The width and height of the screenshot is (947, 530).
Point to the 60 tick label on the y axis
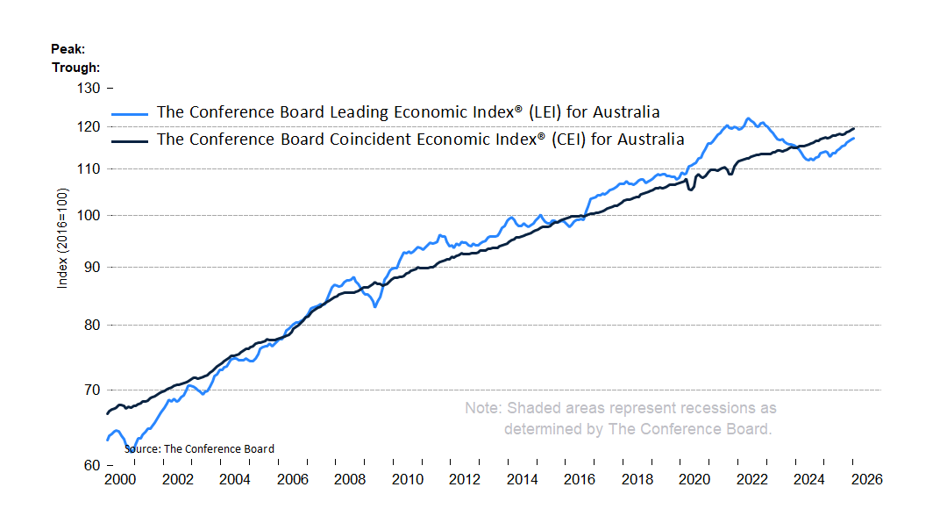point(92,465)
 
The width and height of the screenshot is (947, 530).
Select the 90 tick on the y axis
point(92,267)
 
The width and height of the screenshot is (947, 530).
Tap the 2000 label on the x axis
point(120,480)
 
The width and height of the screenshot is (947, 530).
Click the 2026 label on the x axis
point(866,480)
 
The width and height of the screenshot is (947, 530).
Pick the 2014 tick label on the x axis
point(522,480)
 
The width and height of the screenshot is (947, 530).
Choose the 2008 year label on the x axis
point(350,480)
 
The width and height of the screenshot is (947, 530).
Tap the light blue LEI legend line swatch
point(131,113)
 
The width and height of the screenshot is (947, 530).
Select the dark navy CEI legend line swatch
point(131,140)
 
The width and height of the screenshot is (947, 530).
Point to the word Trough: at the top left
point(75,67)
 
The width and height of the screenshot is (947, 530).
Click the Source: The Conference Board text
point(199,448)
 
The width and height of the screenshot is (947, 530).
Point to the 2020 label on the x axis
point(694,480)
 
